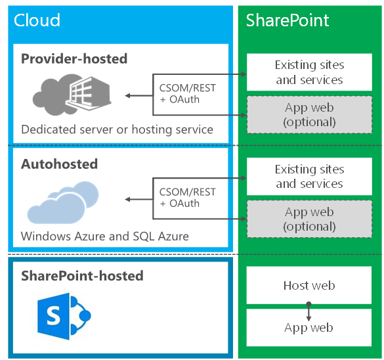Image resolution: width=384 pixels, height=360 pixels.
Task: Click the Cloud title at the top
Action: click(x=37, y=20)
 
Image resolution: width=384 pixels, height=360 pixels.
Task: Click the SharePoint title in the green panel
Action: click(x=288, y=20)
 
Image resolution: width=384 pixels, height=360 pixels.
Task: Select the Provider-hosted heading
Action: click(x=74, y=58)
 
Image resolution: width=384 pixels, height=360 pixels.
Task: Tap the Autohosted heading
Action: click(x=59, y=163)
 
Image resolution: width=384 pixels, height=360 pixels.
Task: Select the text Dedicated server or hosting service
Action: click(x=117, y=129)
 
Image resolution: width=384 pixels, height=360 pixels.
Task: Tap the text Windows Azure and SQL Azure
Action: click(x=104, y=235)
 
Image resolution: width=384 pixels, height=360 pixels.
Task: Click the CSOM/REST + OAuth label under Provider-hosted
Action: click(x=187, y=93)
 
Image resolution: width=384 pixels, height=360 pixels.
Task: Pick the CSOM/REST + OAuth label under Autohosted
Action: click(x=187, y=198)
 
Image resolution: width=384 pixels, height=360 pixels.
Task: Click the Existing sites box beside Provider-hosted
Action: click(x=309, y=72)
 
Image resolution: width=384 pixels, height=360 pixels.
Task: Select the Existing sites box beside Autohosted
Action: click(x=309, y=177)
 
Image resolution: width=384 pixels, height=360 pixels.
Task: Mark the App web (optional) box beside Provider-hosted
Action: click(x=309, y=115)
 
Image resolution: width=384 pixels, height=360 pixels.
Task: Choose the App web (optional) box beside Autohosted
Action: click(x=309, y=219)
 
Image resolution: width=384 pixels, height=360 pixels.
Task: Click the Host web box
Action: click(x=309, y=285)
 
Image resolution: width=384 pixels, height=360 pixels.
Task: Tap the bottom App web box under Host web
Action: click(x=309, y=327)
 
